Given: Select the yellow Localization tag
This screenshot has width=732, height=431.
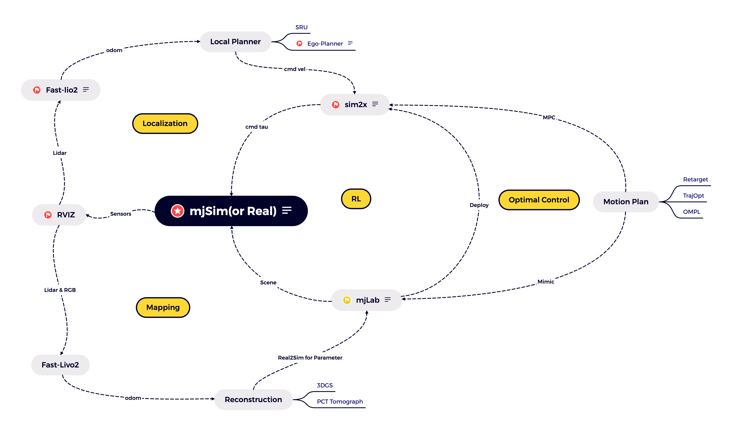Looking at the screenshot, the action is [x=165, y=124].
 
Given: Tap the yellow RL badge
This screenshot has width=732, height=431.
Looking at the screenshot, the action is [x=356, y=199].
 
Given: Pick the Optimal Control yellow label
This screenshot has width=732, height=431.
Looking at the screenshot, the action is [x=539, y=200].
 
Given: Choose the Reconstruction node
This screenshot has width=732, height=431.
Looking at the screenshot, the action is [x=253, y=400].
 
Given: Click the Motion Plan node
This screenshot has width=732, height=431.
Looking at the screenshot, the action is [x=626, y=202].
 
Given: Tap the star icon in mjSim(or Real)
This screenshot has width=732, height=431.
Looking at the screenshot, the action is [x=177, y=211].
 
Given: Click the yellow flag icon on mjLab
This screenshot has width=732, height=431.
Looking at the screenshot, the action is [x=347, y=300].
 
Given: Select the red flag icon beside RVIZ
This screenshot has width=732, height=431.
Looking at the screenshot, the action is [x=48, y=215].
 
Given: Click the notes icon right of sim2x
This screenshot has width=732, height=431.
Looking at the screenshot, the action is [x=375, y=104].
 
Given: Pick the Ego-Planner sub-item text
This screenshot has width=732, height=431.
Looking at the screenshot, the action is [x=325, y=44].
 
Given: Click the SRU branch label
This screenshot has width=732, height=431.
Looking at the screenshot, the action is [x=301, y=27].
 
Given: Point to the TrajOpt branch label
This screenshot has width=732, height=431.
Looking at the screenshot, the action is [x=693, y=196].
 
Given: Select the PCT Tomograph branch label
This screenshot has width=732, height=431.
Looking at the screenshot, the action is [x=340, y=402].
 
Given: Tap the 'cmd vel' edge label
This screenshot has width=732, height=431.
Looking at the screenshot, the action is [x=295, y=69].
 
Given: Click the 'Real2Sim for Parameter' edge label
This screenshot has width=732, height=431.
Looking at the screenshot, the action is [x=310, y=358].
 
